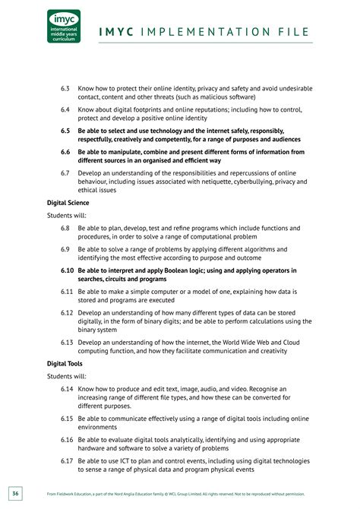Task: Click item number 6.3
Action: (65, 88)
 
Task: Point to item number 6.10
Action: (67, 270)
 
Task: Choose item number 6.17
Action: (67, 461)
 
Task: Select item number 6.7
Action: (65, 173)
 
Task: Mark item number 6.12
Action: (67, 313)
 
